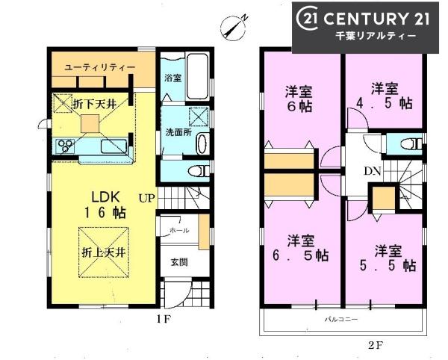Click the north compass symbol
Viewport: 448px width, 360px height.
[234, 26]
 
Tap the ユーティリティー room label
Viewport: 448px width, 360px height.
[100, 67]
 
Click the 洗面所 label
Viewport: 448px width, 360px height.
[179, 132]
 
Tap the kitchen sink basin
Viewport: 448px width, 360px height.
[114, 146]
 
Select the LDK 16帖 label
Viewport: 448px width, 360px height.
[105, 205]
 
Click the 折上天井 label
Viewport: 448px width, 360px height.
[104, 252]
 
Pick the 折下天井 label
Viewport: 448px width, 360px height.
[95, 105]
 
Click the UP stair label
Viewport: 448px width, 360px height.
[147, 198]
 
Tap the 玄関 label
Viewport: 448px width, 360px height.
[179, 262]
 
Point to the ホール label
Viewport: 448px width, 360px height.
[179, 230]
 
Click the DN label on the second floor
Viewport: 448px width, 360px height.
[373, 171]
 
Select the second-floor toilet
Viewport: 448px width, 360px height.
[411, 144]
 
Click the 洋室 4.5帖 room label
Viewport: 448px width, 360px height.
[385, 96]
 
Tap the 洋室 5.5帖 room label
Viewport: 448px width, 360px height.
[388, 258]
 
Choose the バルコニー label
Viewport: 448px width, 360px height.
[341, 319]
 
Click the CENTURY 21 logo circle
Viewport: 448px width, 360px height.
[308, 19]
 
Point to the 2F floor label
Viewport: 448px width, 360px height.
[375, 346]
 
